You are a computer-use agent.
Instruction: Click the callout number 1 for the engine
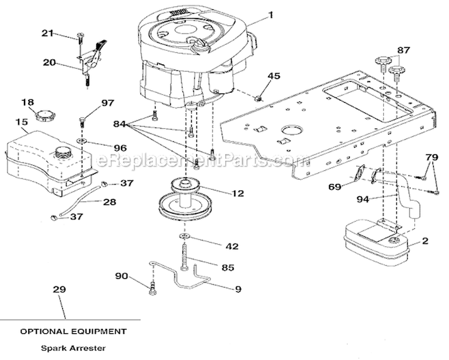point(271,15)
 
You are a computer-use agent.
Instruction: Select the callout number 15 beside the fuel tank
point(22,122)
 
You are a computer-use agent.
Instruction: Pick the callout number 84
point(119,124)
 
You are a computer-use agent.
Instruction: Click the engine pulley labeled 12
point(184,200)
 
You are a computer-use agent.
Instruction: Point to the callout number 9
point(238,289)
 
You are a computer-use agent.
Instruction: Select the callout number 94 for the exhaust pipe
point(363,199)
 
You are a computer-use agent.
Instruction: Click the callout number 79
point(432,157)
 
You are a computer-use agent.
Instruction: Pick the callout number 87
point(404,50)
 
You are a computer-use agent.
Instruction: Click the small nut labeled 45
point(259,99)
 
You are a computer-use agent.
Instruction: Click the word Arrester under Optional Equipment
point(88,348)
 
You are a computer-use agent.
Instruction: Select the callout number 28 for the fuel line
point(110,202)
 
